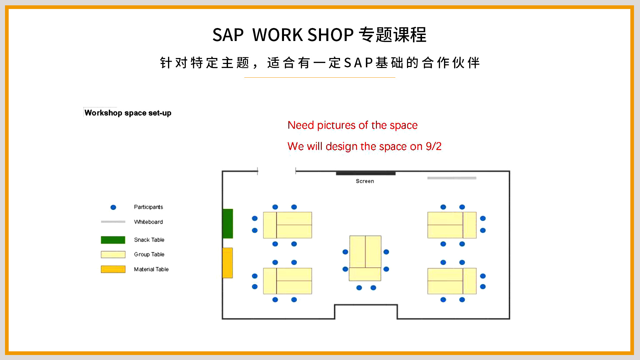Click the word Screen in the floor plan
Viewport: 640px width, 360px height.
tap(365, 181)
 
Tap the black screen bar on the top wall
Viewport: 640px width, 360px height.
tap(366, 173)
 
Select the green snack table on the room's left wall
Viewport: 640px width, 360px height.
tap(228, 223)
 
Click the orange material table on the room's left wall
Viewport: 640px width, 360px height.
tap(227, 263)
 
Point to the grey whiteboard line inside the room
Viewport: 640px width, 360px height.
tap(452, 178)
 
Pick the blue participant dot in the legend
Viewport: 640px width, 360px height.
tap(113, 207)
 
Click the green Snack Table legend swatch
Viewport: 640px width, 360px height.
tap(113, 240)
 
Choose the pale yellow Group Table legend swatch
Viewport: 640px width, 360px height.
tap(113, 254)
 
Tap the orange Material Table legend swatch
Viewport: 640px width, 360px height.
tap(113, 269)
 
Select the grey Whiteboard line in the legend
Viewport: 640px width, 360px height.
tap(113, 222)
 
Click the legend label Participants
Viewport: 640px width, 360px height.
tap(148, 207)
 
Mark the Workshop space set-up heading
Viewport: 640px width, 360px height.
tap(128, 113)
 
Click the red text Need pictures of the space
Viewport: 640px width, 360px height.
tap(352, 125)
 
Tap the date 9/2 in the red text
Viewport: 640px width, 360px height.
tap(433, 146)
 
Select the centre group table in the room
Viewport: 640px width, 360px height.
tap(365, 258)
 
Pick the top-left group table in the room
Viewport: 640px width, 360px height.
tap(287, 225)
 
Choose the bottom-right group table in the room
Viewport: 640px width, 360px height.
tap(452, 281)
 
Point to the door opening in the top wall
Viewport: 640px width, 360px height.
tap(277, 171)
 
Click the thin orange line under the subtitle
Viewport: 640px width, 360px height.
tap(320, 77)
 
